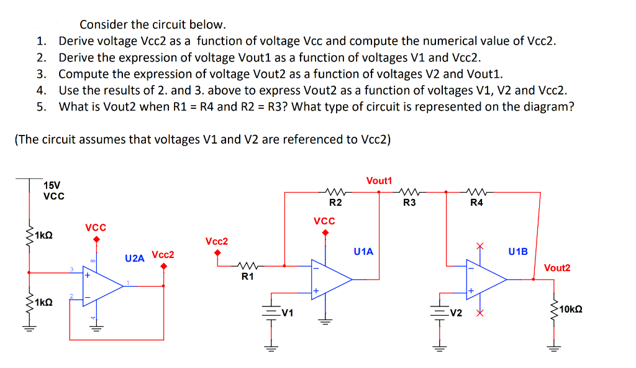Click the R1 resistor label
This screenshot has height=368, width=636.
point(247,277)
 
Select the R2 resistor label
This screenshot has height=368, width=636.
point(335,203)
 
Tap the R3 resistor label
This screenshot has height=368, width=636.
point(409,203)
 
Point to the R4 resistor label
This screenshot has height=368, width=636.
point(476,203)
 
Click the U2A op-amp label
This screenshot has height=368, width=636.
point(135,257)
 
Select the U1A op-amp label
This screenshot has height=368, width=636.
point(363,252)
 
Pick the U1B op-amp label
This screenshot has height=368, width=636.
point(517,252)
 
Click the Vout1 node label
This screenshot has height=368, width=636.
point(379,181)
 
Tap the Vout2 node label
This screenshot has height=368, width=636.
point(556,268)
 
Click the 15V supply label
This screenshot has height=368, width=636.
point(52,185)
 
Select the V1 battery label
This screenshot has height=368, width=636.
point(287,313)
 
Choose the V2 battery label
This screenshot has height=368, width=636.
point(456,313)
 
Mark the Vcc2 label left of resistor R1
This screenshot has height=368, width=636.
point(217,241)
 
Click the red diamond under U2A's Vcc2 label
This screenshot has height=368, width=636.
point(163,267)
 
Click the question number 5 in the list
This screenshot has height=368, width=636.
point(40,106)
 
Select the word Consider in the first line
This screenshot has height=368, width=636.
point(106,25)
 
